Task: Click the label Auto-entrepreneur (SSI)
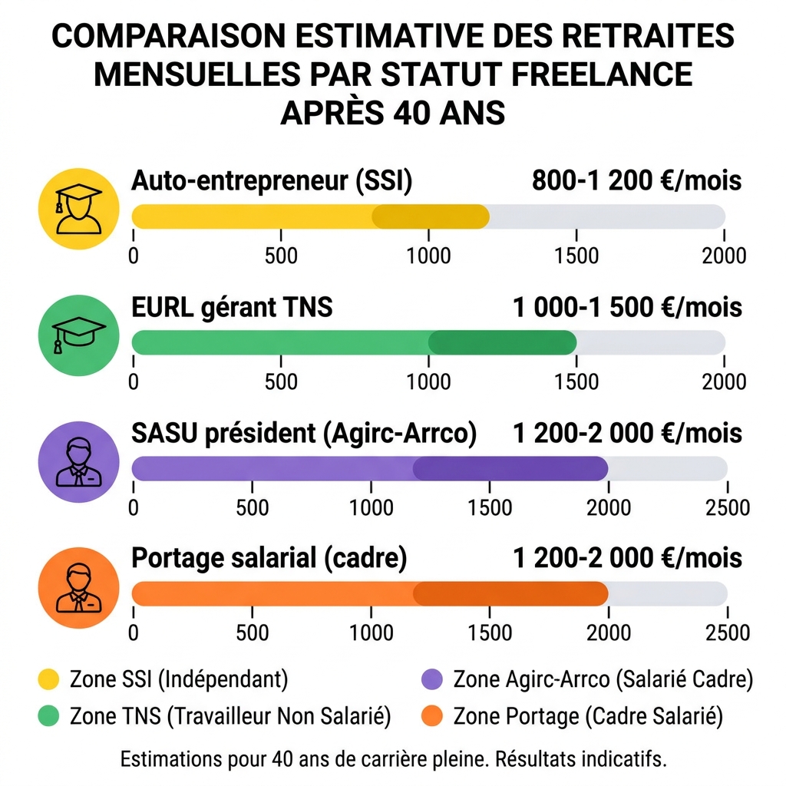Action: pyautogui.click(x=272, y=181)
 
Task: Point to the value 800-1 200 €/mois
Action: pyautogui.click(x=636, y=181)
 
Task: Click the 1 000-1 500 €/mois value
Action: pyautogui.click(x=627, y=307)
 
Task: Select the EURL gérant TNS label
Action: pyautogui.click(x=233, y=307)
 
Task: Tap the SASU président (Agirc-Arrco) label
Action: pyautogui.click(x=305, y=434)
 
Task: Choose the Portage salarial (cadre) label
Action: pyautogui.click(x=269, y=558)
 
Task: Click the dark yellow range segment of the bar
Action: pyautogui.click(x=431, y=217)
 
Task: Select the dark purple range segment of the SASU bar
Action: pyautogui.click(x=510, y=468)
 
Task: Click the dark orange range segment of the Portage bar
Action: pyautogui.click(x=510, y=593)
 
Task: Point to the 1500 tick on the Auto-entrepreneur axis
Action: pyautogui.click(x=576, y=255)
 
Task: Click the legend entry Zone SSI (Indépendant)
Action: pyautogui.click(x=178, y=679)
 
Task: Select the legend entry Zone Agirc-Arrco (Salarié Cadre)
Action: pyautogui.click(x=603, y=679)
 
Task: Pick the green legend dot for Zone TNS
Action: pyautogui.click(x=48, y=716)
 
